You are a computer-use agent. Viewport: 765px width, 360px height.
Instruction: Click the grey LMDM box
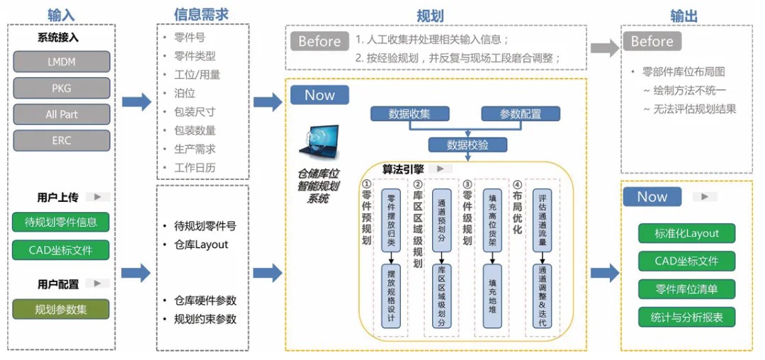(x=62, y=62)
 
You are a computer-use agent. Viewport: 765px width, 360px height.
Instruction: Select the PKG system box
(x=62, y=89)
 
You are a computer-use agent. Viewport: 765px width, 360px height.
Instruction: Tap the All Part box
(x=62, y=115)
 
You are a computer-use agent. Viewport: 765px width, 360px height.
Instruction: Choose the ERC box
(x=62, y=141)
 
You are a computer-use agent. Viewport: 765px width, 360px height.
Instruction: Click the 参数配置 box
(x=521, y=113)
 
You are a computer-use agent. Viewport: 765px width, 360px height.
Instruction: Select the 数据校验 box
(x=468, y=145)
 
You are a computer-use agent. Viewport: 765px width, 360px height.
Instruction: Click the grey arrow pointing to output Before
(x=605, y=47)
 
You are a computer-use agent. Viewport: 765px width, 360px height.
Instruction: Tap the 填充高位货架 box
(x=492, y=220)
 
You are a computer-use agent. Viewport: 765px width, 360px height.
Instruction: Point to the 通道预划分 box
(x=442, y=220)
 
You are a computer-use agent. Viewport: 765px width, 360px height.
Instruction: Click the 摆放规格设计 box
(x=390, y=296)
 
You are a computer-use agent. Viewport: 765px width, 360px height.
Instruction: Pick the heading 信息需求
(x=201, y=15)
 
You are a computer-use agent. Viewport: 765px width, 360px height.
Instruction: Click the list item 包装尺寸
(x=195, y=112)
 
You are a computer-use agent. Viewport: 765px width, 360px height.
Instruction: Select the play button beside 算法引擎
(x=440, y=169)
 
